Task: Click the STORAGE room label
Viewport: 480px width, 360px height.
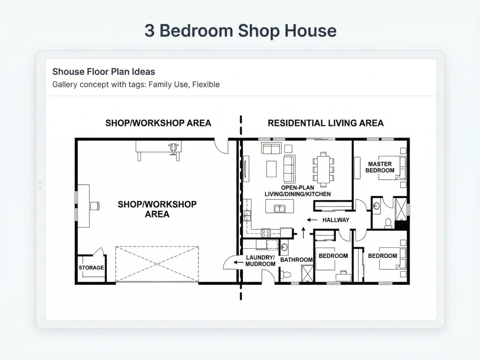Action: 91,268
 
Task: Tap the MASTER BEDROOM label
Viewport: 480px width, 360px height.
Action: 380,167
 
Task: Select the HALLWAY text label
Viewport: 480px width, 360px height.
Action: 336,220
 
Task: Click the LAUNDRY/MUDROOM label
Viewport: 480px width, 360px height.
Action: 260,261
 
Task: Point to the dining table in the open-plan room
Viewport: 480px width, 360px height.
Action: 324,170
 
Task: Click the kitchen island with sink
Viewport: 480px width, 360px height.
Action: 280,206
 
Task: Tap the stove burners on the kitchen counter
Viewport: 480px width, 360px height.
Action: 266,233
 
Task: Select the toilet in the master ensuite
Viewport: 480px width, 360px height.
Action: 388,223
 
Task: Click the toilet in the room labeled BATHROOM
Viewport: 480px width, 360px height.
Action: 286,274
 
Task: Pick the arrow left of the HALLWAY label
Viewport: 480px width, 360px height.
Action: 312,220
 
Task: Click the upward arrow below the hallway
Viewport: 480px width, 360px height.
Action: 303,232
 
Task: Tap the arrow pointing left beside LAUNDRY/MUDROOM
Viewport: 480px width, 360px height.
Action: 238,262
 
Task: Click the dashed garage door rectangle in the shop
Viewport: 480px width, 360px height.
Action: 157,264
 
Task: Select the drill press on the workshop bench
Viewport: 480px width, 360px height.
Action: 173,149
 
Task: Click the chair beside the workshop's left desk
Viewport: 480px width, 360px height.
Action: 95,206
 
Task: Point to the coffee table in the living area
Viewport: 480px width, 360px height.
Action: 271,169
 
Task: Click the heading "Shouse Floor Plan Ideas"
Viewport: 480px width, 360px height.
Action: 104,72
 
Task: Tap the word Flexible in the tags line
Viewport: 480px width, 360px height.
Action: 206,84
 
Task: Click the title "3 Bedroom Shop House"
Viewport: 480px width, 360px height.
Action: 240,31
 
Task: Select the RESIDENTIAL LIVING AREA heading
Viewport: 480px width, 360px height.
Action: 326,123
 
